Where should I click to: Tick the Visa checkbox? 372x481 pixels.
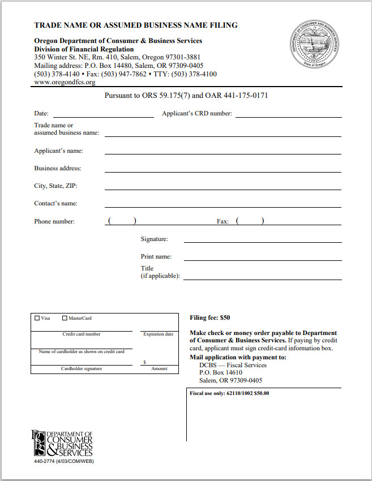coord(37,318)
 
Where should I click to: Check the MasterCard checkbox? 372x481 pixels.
coord(65,318)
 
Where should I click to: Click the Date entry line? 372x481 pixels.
coord(103,115)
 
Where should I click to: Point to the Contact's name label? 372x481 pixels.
coord(55,203)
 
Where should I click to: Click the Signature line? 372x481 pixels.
coord(263,241)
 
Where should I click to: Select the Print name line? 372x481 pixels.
coord(263,259)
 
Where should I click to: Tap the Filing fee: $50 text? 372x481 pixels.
coord(209,318)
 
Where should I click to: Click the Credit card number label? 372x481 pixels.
coord(82,334)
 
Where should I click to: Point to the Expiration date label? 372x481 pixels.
coord(158,334)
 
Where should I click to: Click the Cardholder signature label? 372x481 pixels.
coord(82,369)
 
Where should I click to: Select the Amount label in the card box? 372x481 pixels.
coord(159,369)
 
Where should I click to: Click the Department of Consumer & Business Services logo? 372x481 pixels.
coord(62,443)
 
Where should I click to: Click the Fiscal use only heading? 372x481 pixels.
coord(229,393)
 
